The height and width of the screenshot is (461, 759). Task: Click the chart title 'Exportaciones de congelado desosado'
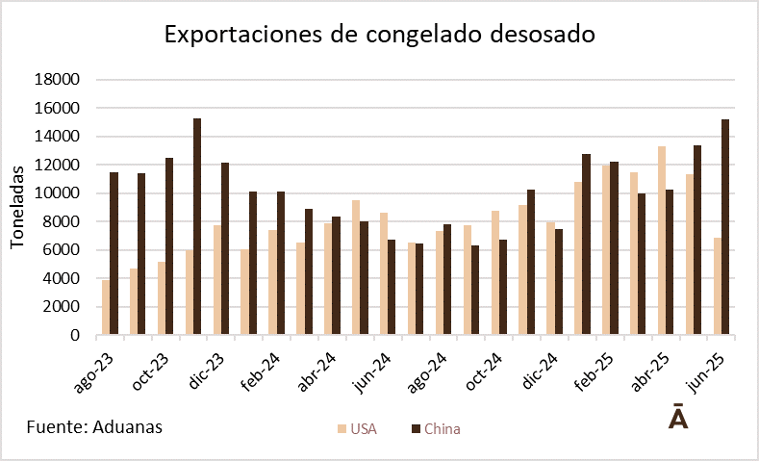point(380,35)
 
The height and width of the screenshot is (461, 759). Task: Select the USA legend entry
point(357,428)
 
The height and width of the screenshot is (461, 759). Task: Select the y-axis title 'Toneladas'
point(17,207)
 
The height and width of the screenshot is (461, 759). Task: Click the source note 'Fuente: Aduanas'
point(94,426)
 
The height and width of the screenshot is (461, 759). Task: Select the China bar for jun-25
point(724,227)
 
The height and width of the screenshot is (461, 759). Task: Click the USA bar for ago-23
point(106,307)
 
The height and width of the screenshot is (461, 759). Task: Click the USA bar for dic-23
point(217,280)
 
